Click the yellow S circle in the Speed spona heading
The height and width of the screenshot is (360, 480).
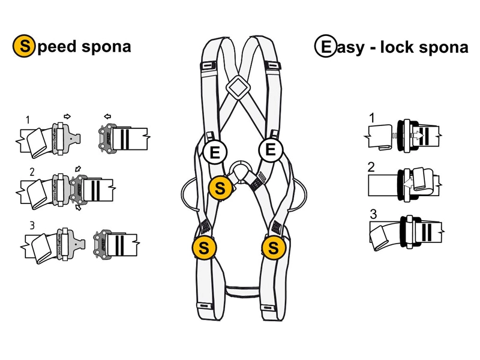23,46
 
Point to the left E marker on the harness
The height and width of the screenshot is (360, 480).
214,152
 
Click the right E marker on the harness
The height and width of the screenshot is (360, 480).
270,149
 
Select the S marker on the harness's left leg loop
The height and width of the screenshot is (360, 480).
203,247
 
